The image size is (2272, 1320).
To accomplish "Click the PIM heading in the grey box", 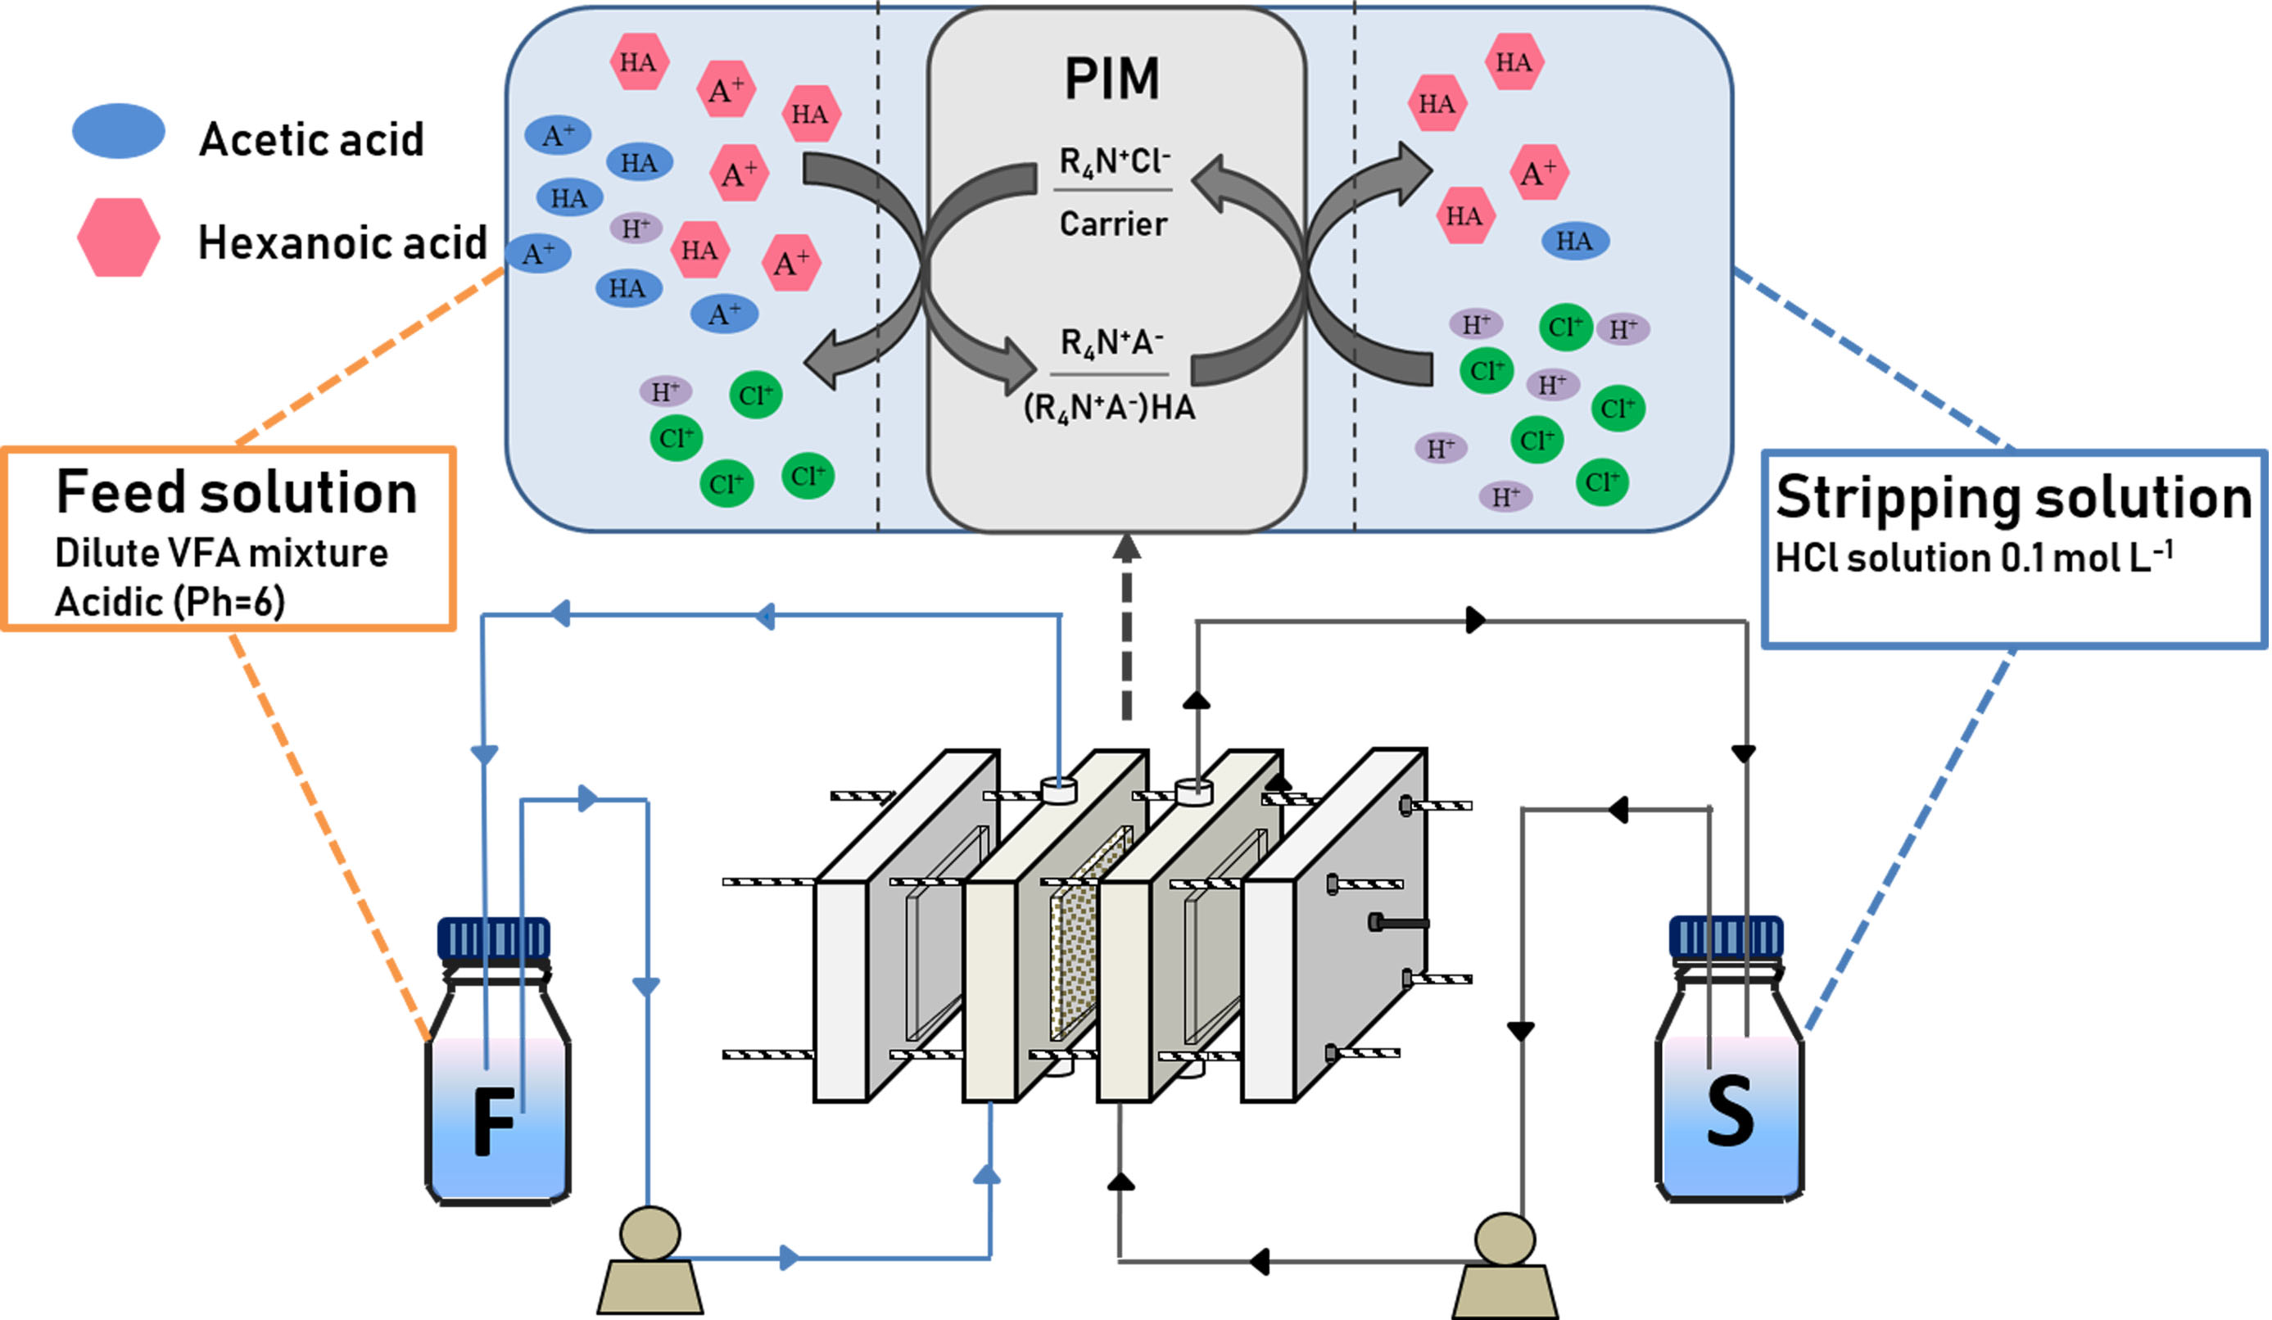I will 1111,79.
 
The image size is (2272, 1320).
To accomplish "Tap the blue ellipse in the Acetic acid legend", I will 118,132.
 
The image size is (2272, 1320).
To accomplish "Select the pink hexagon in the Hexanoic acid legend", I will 118,237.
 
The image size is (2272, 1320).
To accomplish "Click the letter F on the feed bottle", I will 494,1121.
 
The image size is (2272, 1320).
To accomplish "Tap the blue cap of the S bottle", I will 1726,938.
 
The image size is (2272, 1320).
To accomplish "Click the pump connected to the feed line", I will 650,1263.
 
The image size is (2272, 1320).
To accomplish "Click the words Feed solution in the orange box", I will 236,493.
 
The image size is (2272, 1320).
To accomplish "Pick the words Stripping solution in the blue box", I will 2013,498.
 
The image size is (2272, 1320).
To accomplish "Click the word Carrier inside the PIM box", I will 1112,224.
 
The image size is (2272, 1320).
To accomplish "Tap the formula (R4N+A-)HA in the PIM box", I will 1109,409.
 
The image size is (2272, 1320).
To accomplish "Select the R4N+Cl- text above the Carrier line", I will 1115,162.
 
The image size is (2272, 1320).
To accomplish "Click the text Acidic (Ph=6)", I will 170,601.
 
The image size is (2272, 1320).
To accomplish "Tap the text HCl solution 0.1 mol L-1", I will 1973,557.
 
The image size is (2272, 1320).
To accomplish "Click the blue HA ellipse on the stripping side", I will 1574,242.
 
